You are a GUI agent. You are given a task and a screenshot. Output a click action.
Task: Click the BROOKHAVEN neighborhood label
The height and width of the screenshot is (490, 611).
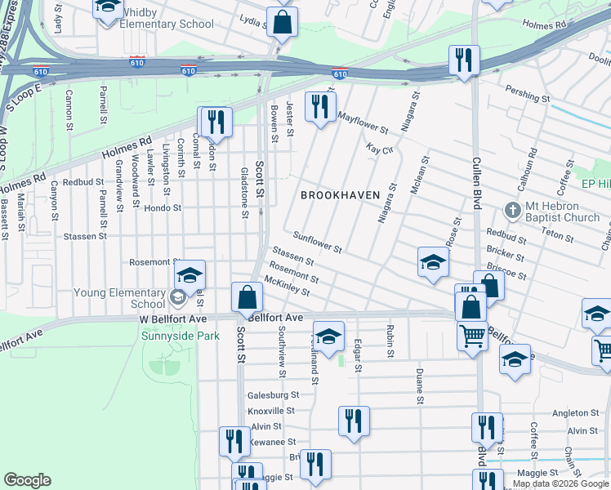[337, 195]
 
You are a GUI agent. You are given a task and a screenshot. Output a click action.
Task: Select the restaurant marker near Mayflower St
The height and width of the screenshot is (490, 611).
[319, 106]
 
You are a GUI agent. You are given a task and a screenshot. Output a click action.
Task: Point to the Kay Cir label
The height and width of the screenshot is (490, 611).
[381, 149]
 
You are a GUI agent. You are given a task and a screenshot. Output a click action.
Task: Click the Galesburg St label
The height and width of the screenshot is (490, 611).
[273, 394]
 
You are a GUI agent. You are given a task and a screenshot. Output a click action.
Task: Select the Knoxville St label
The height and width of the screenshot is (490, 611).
[270, 410]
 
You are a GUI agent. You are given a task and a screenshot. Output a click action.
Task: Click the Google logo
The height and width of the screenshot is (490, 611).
[28, 480]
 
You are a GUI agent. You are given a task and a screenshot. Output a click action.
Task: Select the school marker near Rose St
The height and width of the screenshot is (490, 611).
[433, 263]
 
